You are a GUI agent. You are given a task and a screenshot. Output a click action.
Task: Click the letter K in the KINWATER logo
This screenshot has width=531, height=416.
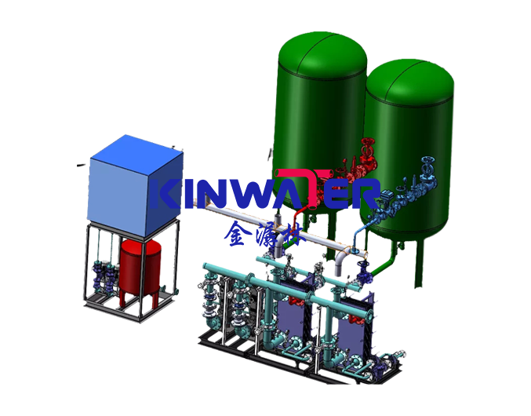[x=173, y=193]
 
